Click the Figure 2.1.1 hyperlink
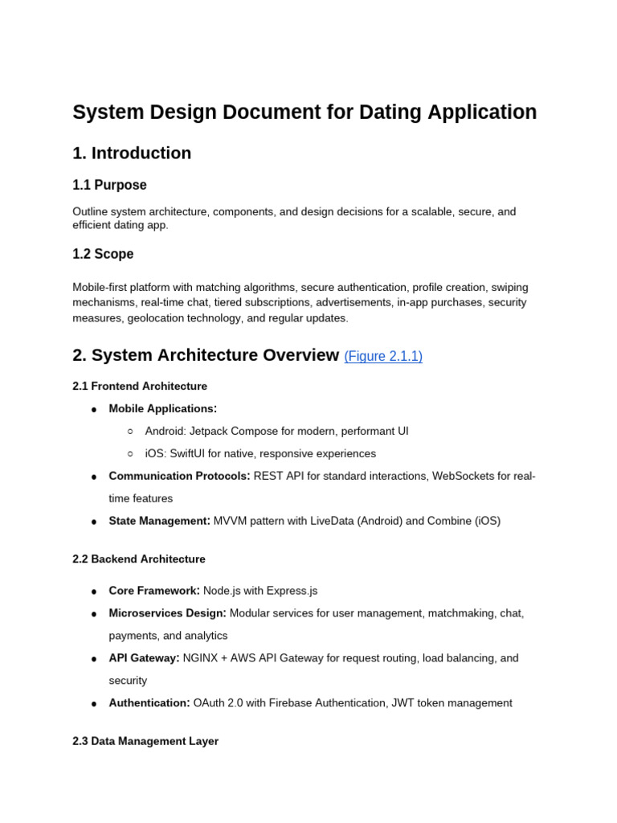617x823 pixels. coord(383,357)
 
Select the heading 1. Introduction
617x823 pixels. coord(132,154)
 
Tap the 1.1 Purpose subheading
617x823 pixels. coord(109,186)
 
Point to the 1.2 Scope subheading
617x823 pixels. coord(103,255)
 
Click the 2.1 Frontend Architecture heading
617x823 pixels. coord(140,387)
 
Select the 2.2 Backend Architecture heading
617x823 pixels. coord(139,559)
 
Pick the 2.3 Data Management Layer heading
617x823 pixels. coord(145,742)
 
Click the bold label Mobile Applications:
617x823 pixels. coord(163,409)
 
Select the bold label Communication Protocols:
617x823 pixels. coord(179,477)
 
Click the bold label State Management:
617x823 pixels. coord(159,522)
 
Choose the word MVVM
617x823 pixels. coord(231,522)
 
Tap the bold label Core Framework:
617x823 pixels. coord(154,591)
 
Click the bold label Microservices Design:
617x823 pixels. coord(167,613)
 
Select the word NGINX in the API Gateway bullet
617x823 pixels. coord(201,658)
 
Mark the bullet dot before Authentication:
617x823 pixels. coord(94,704)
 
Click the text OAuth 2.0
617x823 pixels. coord(218,703)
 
